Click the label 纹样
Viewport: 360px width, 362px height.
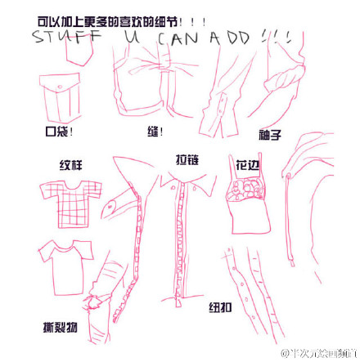coord(70,165)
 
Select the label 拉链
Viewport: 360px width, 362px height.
coord(187,159)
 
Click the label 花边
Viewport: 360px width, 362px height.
coord(248,163)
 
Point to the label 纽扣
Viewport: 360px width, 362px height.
coord(221,307)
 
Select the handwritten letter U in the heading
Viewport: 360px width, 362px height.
coord(128,37)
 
